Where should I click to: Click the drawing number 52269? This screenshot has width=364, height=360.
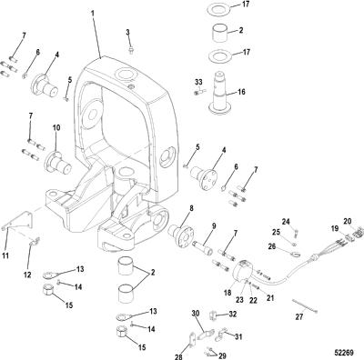344,353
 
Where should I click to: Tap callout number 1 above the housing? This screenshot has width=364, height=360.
93,14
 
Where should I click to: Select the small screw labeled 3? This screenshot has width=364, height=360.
131,50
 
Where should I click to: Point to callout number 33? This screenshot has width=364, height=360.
198,82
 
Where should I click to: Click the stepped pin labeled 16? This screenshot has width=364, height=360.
220,93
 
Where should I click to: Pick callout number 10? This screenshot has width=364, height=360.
56,127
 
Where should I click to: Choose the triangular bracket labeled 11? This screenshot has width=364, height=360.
18,221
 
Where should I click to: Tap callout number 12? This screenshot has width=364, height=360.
27,275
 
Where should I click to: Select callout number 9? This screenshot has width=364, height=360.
214,225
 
